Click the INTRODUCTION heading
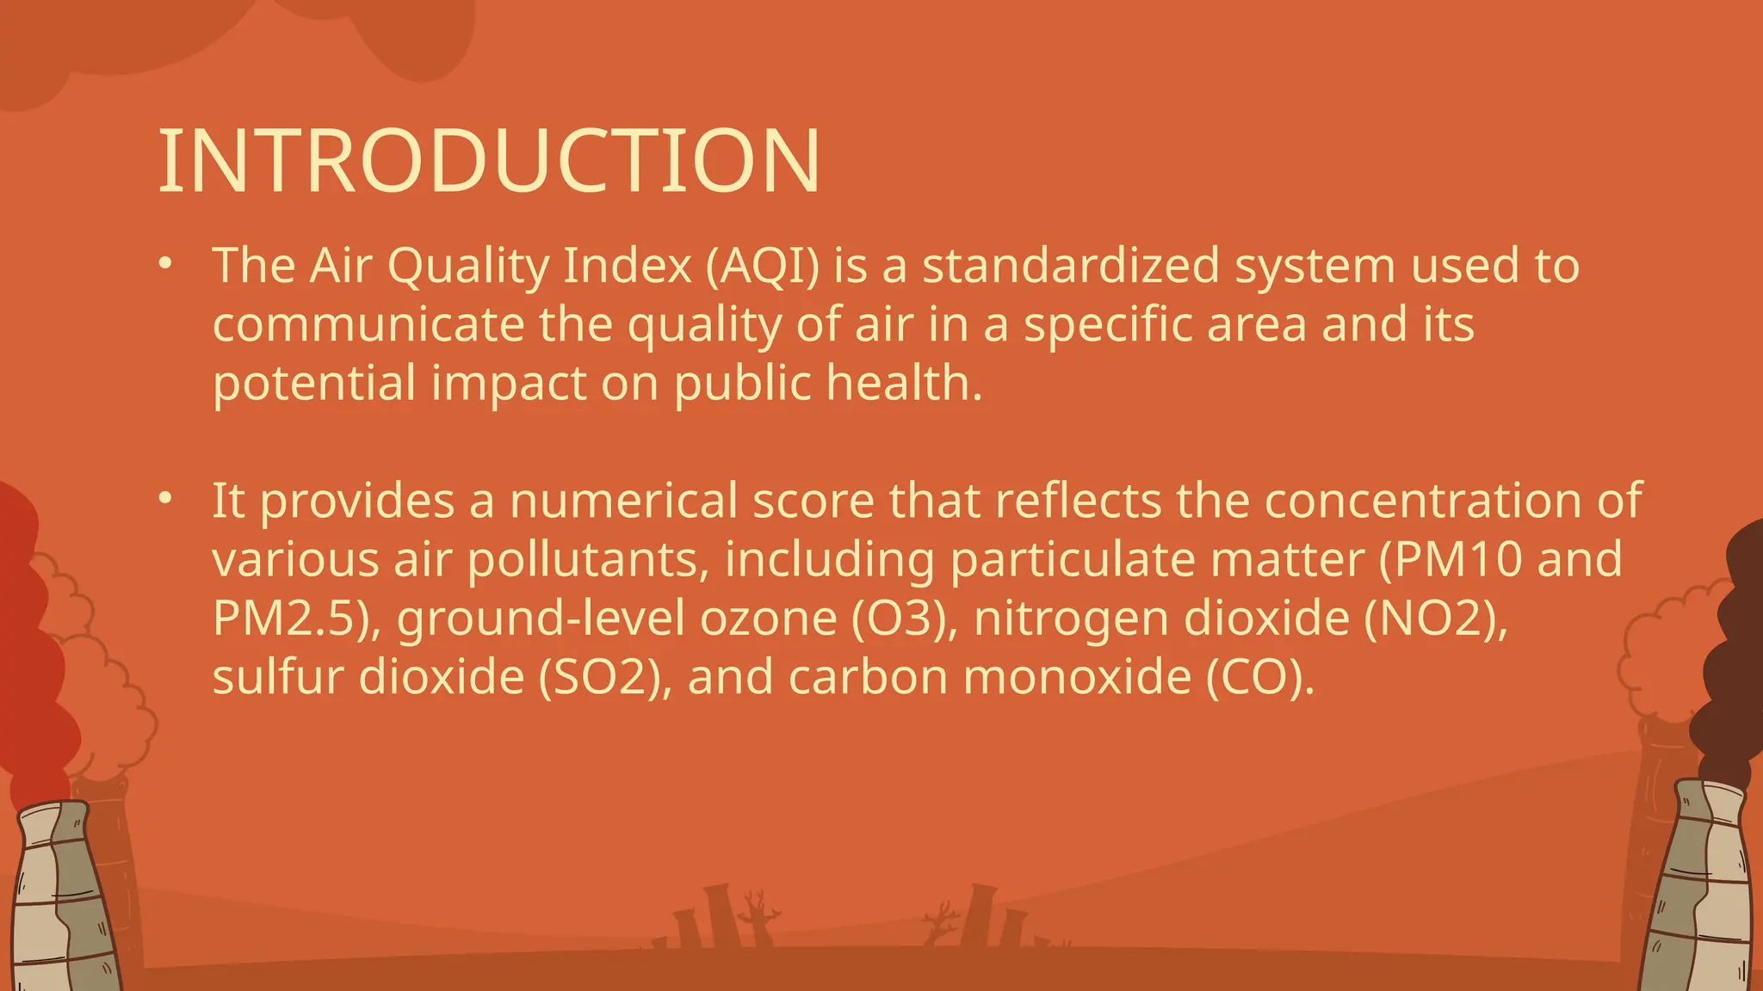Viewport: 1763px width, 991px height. pos(489,162)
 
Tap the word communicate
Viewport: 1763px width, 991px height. pos(368,324)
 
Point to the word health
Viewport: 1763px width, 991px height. pos(904,383)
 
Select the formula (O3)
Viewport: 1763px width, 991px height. pos(904,619)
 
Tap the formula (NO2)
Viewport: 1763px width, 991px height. pos(1436,619)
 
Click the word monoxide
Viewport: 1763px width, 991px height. pos(1077,677)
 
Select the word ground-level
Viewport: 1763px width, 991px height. pos(540,619)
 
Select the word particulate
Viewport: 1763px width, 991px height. pos(1072,559)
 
